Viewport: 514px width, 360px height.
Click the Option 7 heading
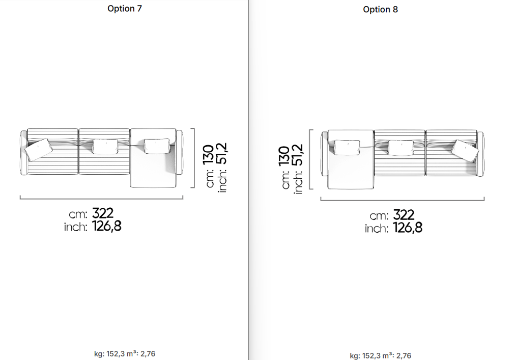(x=125, y=9)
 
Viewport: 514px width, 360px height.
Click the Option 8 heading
(x=380, y=10)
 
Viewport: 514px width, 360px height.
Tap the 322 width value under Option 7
(x=103, y=213)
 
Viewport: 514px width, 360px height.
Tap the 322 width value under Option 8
(x=404, y=215)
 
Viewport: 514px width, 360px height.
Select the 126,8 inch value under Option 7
(x=106, y=226)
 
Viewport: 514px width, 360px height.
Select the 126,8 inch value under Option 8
(x=408, y=228)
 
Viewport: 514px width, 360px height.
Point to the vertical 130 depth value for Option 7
(x=209, y=155)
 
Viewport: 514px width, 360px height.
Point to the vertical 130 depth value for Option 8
(x=284, y=156)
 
